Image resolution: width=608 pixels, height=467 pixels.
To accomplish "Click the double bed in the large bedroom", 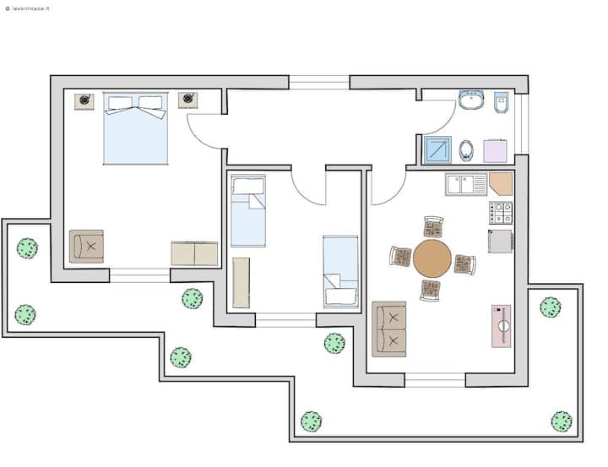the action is pos(136,128).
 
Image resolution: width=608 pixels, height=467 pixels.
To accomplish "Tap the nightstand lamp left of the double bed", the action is pos(84,100).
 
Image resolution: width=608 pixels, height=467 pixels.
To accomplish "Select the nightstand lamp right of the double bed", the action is pos(188,100).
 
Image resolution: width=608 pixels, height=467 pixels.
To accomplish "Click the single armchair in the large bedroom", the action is pos(86,247).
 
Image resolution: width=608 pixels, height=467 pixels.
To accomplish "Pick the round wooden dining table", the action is pos(432,258).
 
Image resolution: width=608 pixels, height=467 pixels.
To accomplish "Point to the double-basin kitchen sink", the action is pos(466,184).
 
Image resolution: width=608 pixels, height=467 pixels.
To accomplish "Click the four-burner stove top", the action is pos(501,213).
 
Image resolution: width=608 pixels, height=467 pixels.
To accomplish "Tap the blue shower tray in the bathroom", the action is pos(438,149).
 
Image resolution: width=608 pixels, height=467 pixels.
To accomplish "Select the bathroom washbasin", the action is pos(471,100).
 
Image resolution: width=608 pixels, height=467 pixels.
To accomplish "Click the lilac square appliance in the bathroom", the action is pos(495,151).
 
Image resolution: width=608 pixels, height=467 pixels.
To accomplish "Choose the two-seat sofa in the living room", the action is pos(389,329).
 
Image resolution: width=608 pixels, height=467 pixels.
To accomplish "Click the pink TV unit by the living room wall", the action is pos(502,326).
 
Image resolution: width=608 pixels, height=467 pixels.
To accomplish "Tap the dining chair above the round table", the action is pos(433,227).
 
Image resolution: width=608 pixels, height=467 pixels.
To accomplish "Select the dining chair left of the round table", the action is pos(400,257).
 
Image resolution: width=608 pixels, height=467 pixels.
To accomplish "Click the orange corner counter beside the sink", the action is pos(501,184).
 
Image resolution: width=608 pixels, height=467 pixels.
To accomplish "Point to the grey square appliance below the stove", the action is pos(500,242).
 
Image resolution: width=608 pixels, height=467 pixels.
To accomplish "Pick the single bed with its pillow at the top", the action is pos(248,211).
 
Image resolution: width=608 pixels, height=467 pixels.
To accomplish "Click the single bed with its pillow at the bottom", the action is pos(341,272).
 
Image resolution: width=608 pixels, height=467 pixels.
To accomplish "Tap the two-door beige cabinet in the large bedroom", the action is pos(195,253).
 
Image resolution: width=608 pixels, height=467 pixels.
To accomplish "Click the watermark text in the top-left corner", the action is pos(28,8).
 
